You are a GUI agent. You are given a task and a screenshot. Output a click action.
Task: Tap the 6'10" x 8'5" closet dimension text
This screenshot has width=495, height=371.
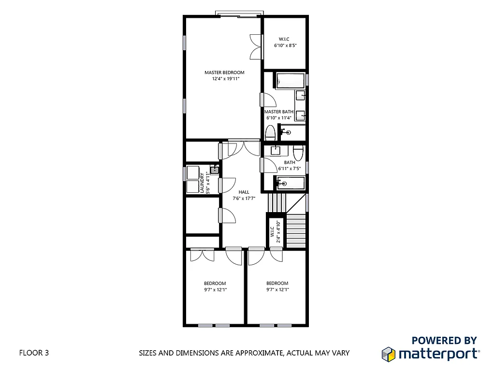pyautogui.click(x=285, y=46)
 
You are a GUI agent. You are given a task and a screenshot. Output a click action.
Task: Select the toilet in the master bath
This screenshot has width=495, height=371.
pyautogui.click(x=270, y=132)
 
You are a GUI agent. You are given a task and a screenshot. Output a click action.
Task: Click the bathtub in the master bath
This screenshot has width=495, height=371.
pyautogui.click(x=290, y=80)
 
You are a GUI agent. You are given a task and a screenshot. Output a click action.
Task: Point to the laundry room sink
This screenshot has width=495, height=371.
pyautogui.click(x=214, y=170)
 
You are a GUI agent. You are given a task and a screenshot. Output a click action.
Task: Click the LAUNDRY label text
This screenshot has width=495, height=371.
pyautogui.click(x=202, y=183)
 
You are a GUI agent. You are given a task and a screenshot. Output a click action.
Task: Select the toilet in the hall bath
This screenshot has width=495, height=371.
pyautogui.click(x=298, y=153)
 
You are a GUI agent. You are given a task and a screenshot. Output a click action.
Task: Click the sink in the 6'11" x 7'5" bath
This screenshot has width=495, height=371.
pyautogui.click(x=276, y=150)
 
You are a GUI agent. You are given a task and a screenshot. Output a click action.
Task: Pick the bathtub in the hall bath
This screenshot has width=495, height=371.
pyautogui.click(x=291, y=183)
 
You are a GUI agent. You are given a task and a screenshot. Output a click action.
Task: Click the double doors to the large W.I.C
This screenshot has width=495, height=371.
pyautogui.click(x=255, y=47)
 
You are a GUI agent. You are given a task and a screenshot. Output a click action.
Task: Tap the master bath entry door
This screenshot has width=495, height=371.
pyautogui.click(x=266, y=100)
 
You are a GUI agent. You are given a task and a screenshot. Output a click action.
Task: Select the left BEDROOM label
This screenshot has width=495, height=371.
pyautogui.click(x=215, y=284)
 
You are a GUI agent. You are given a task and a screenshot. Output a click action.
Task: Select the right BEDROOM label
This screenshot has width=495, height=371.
pyautogui.click(x=277, y=284)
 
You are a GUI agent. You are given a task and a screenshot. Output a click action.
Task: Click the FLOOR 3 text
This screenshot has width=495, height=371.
pyautogui.click(x=34, y=353)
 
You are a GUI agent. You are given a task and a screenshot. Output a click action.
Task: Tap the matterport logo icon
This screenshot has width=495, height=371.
pyautogui.click(x=389, y=354)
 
